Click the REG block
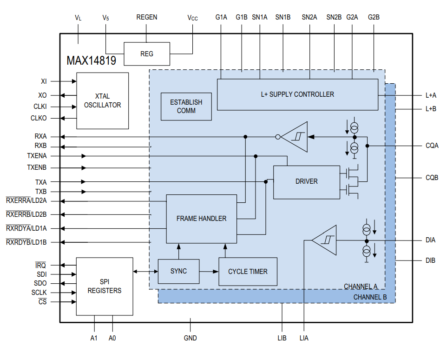pos(147,54)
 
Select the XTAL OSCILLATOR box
pos(102,100)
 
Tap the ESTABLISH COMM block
pos(186,107)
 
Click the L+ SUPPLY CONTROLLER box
pos(297,94)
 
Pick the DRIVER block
pos(306,181)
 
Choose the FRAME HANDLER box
pos(201,219)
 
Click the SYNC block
pos(178,271)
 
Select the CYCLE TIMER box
pos(248,272)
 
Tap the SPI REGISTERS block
pos(104,286)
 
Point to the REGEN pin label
pos(146,17)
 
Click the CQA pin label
pos(432,146)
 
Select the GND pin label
pos(190,338)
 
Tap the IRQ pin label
pos(41,265)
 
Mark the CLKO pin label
pos(39,118)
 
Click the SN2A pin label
pos(309,17)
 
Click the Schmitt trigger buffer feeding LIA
pos(325,240)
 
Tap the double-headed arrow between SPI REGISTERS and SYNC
pos(145,272)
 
